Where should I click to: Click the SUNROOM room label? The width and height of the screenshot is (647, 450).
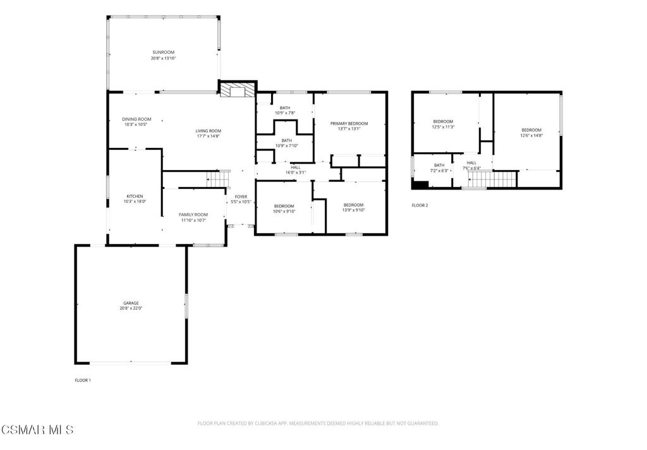(x=163, y=52)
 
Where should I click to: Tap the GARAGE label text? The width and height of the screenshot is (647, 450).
(x=131, y=303)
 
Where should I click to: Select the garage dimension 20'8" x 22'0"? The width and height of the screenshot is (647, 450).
(x=131, y=309)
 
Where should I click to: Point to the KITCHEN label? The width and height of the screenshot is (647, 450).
(x=135, y=196)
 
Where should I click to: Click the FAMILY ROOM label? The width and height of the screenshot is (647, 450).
(x=193, y=215)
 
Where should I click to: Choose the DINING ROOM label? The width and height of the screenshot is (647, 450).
(x=136, y=119)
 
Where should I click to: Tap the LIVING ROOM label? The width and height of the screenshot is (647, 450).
(x=208, y=131)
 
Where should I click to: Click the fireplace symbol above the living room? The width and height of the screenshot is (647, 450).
(x=238, y=90)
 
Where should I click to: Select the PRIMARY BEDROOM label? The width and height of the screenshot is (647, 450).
(x=349, y=123)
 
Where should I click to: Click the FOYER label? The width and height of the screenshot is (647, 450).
(x=241, y=197)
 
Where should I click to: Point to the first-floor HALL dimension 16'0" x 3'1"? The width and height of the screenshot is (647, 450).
(x=296, y=172)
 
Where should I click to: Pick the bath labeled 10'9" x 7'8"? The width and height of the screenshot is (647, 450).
(x=285, y=111)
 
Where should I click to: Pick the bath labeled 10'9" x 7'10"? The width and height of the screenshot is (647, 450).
(x=286, y=143)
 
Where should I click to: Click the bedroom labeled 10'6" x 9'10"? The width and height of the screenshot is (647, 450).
(x=284, y=209)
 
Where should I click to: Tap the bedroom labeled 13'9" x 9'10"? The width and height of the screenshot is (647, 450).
(x=353, y=207)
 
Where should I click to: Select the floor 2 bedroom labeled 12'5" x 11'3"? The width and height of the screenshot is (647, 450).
(x=443, y=124)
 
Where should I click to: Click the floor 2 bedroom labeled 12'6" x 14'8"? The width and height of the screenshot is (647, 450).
(x=531, y=132)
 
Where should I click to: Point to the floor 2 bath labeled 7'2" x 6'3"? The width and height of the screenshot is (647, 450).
(x=439, y=167)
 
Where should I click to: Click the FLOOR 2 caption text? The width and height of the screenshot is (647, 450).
(x=420, y=205)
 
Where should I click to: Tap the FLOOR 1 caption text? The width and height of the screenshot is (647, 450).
(x=83, y=380)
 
